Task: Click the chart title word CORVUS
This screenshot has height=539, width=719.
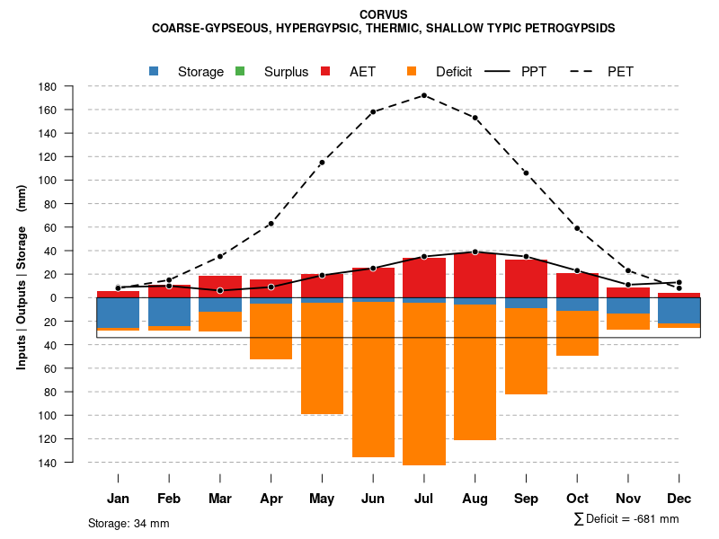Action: [383, 14]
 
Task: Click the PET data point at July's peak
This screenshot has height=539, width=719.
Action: [424, 95]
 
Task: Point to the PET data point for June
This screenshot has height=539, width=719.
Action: [373, 112]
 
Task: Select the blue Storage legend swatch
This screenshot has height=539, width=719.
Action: [155, 71]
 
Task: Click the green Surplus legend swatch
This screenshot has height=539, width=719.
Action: [240, 71]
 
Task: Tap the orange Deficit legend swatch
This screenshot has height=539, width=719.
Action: [412, 71]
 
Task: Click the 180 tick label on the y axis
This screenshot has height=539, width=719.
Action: [49, 87]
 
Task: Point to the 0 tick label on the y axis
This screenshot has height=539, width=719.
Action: [54, 298]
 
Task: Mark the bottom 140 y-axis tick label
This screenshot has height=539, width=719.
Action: [49, 463]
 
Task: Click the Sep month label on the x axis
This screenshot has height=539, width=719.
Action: [527, 499]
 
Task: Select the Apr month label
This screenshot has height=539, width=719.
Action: [271, 499]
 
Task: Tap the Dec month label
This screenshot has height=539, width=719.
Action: [679, 499]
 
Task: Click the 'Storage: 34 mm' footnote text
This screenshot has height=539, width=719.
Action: [129, 523]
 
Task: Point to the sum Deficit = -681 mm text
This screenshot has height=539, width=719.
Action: [626, 519]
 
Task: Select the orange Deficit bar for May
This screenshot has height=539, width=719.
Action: [322, 358]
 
